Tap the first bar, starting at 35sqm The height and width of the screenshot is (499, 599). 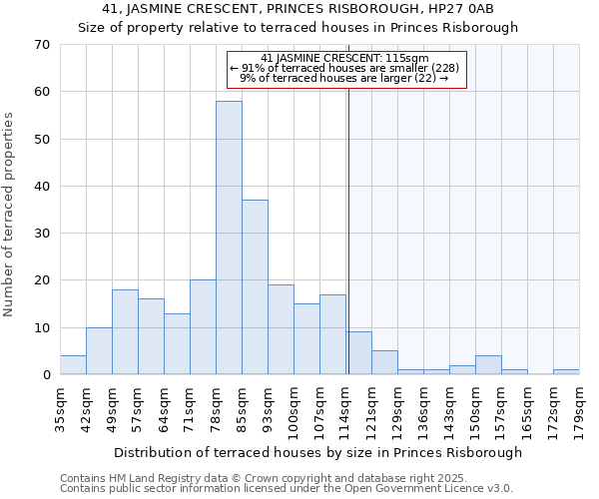pos(73,365)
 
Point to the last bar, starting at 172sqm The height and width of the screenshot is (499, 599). pos(566,372)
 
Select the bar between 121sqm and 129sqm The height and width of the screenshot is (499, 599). pos(384,363)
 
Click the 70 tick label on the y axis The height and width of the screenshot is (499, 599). pos(42,45)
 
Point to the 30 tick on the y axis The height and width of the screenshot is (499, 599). pos(42,234)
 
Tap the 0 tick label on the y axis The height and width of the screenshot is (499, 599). pos(46,375)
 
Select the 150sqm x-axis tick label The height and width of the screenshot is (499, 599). pos(475,410)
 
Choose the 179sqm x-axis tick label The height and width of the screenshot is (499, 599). pos(579,410)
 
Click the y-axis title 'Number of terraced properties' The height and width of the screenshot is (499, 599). pos(9,215)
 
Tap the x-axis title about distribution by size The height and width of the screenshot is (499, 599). pos(318,452)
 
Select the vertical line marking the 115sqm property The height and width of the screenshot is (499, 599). pos(348,249)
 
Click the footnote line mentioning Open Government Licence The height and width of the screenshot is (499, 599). pos(287,489)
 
